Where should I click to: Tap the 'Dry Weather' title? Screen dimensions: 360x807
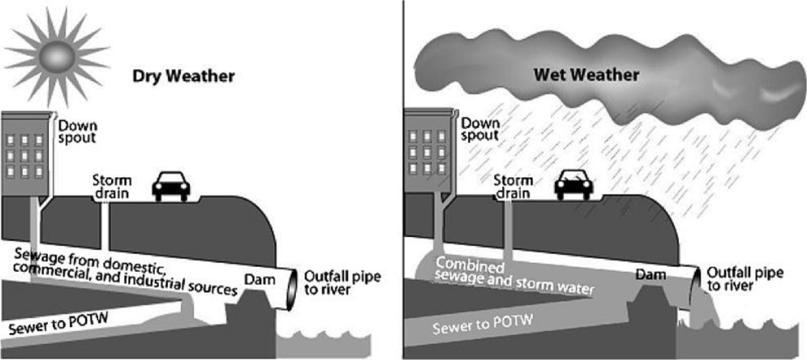click(183, 77)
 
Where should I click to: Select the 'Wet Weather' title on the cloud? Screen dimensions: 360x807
click(586, 76)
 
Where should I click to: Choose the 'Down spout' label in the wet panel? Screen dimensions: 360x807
click(480, 128)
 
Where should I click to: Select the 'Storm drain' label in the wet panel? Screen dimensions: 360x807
click(513, 186)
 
